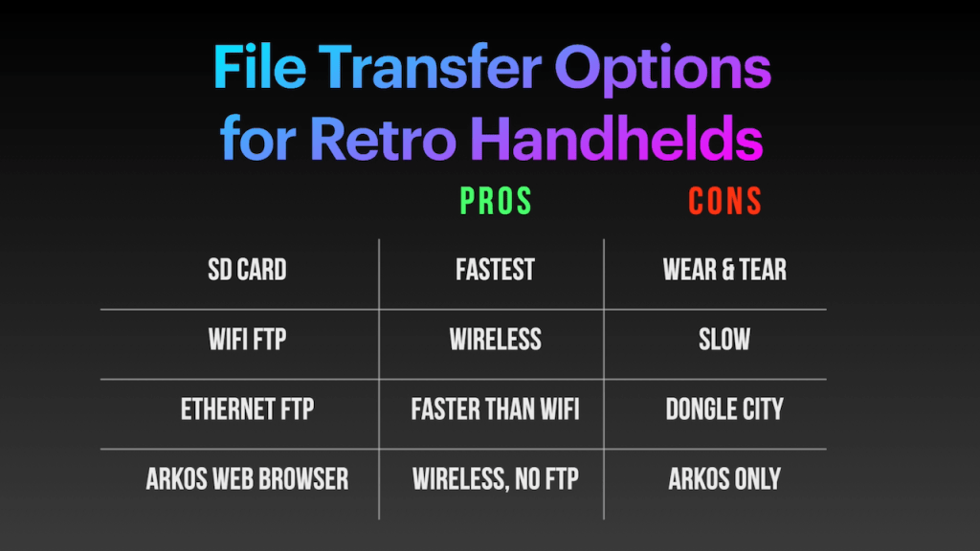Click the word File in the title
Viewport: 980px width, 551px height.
pos(259,67)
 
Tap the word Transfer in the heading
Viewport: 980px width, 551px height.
pos(430,67)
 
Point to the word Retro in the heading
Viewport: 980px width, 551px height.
pos(383,138)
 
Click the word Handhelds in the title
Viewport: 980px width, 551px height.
pos(616,137)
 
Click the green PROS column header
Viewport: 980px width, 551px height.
pos(496,201)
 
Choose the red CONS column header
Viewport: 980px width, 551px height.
pos(725,201)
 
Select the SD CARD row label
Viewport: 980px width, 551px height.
pos(248,270)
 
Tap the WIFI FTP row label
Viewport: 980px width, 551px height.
pos(248,340)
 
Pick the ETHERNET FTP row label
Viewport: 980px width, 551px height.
pos(248,409)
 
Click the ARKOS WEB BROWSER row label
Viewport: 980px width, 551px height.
pos(248,480)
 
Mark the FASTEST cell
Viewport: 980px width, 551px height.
pos(495,270)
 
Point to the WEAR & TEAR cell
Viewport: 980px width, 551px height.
pos(725,270)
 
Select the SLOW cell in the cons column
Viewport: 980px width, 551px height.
pos(724,340)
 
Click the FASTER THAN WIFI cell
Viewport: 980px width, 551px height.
pos(495,409)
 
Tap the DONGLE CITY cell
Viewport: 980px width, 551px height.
pos(724,409)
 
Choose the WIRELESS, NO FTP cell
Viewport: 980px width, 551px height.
pos(495,480)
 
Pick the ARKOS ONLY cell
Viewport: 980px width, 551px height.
pos(724,480)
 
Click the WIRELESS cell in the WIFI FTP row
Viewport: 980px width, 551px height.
pos(495,340)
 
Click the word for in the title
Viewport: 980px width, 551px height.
pos(257,137)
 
